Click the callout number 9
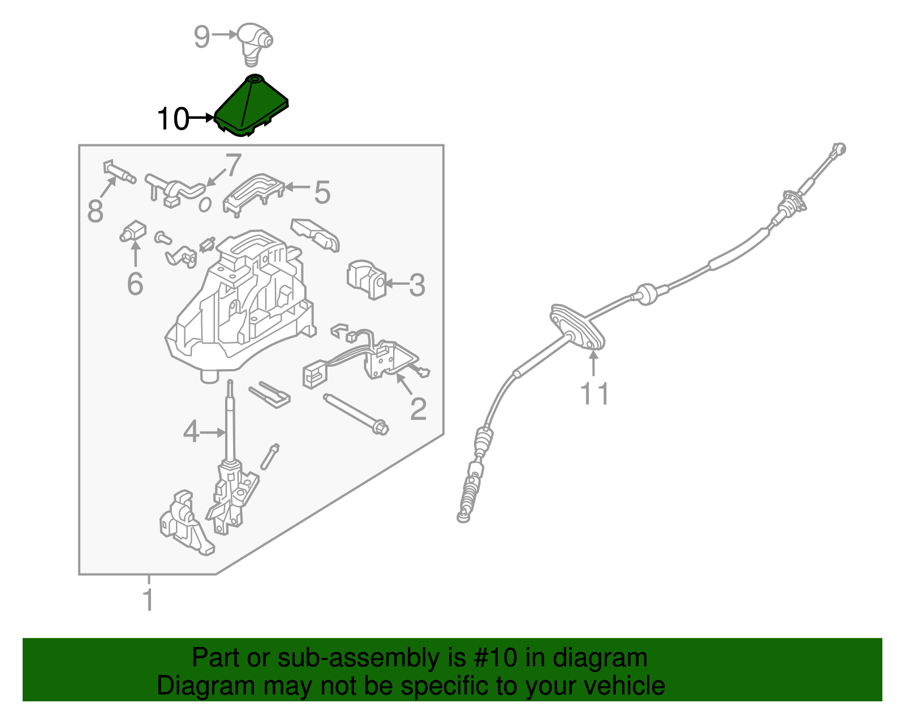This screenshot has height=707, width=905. click(202, 37)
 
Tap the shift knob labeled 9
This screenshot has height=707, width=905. click(255, 44)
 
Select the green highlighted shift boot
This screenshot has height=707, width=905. click(251, 105)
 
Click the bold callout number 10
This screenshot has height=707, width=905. click(173, 119)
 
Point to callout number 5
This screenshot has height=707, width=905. click(322, 192)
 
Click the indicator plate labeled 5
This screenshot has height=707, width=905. click(253, 194)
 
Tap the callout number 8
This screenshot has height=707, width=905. click(96, 211)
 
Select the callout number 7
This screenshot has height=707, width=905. click(233, 165)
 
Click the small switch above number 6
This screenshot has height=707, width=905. click(133, 232)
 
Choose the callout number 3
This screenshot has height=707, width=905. click(417, 285)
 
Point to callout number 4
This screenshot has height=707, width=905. click(191, 431)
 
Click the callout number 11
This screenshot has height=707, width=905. click(594, 394)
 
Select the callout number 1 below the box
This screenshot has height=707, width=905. click(148, 599)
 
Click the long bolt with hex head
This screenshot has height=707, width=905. click(356, 415)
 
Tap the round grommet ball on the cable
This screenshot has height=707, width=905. click(647, 294)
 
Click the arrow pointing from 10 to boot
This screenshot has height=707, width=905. click(201, 118)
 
